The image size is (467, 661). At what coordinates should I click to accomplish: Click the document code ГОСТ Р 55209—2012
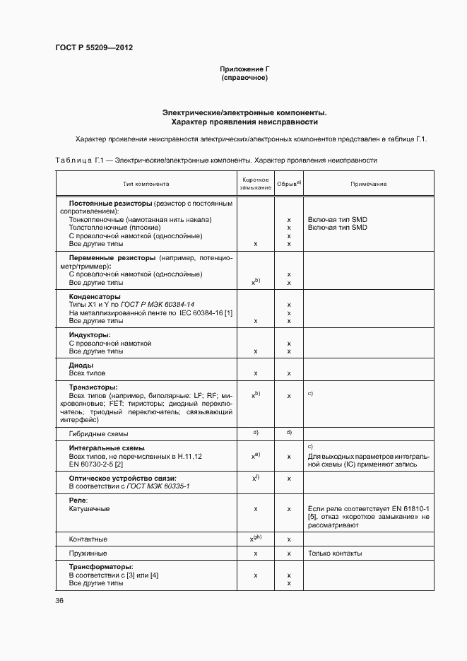click(x=94, y=48)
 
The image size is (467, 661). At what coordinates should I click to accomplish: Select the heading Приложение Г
click(x=244, y=69)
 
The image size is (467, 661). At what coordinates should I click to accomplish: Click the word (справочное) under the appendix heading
click(x=244, y=77)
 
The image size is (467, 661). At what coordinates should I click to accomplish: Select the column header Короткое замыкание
click(x=255, y=184)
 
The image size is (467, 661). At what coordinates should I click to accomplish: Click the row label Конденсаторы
click(x=94, y=296)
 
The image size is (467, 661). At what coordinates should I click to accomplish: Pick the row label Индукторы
click(x=90, y=334)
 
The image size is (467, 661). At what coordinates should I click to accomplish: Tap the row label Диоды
click(x=81, y=365)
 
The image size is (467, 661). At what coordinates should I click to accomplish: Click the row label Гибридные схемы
click(x=98, y=433)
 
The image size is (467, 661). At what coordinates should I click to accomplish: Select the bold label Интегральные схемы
click(x=107, y=448)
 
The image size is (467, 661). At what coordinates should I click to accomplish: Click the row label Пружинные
click(x=88, y=553)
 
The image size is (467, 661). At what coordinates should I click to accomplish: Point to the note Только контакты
click(x=336, y=553)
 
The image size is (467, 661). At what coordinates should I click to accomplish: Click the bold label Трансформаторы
click(x=101, y=567)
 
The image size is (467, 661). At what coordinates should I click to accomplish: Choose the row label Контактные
click(x=88, y=539)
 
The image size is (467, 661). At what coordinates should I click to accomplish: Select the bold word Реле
click(x=78, y=500)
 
